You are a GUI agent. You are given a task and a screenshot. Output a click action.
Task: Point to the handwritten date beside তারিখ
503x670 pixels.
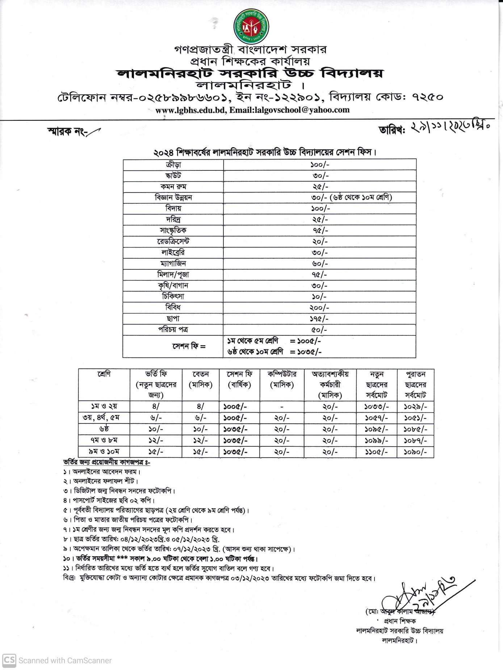coord(449,128)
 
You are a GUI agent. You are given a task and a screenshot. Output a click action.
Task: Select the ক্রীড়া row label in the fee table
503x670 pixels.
coord(173,165)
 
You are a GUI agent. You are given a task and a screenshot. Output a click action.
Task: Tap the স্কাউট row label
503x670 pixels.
coord(173,176)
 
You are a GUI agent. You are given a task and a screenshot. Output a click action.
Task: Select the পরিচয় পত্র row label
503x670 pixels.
coord(173,330)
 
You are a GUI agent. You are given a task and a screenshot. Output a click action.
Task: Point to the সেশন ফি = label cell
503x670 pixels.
coord(189,346)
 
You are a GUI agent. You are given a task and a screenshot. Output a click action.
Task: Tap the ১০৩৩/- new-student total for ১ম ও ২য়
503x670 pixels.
coord(376,407)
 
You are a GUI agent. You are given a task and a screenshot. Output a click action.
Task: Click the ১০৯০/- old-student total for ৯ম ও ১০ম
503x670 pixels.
coord(415,452)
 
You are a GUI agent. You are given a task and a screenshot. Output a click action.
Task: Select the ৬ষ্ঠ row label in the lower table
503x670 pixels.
coord(104,429)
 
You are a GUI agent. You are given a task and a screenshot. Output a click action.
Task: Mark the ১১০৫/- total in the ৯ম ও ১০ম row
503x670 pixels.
coord(376,452)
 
